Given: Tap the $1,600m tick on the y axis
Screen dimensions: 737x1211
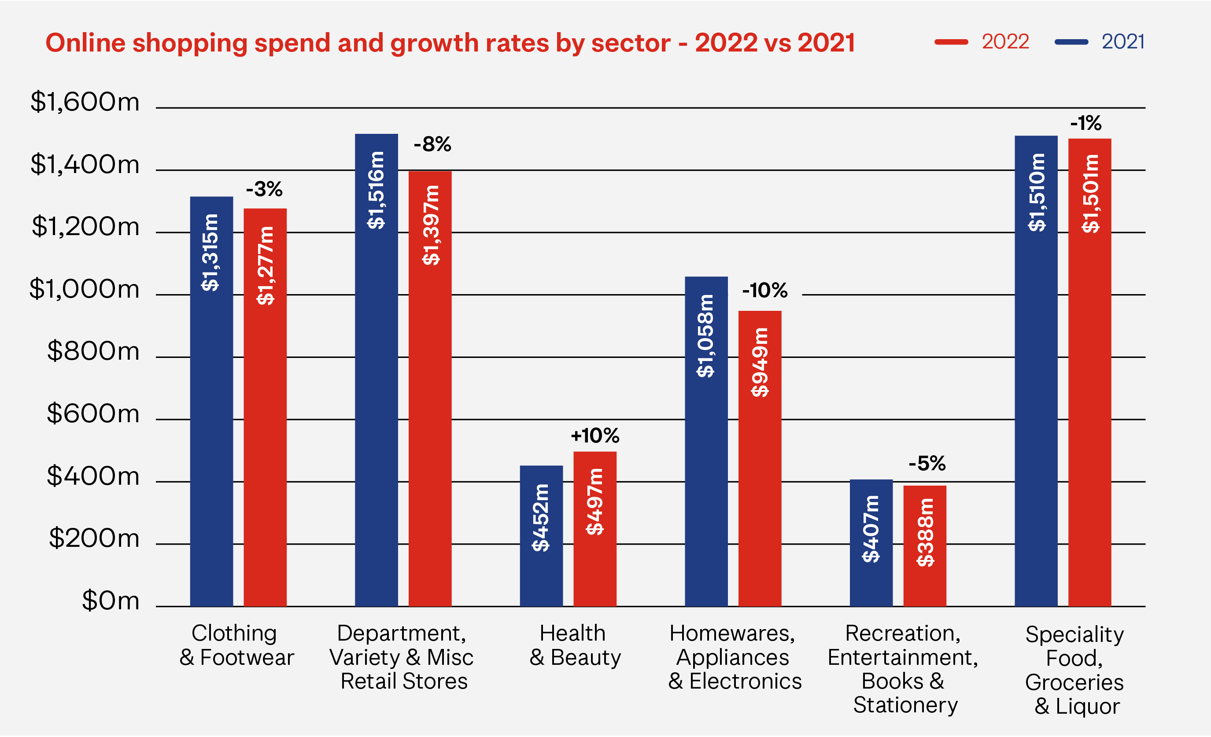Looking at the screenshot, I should point(85,102).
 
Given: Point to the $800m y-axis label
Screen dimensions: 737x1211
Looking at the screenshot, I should point(93,352).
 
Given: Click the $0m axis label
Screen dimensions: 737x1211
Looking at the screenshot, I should point(111,601).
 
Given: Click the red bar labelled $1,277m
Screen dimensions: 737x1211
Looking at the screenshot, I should point(265,407).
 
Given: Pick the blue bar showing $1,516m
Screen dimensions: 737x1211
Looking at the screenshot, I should point(377,370).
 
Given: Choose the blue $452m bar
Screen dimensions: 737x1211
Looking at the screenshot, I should point(541,535).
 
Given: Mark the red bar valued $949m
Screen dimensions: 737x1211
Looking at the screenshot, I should point(760,458).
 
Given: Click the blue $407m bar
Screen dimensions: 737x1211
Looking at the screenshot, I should point(871,543).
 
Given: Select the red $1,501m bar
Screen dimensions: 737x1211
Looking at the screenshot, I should point(1089,372).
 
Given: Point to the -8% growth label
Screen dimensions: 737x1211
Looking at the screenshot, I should point(432,144).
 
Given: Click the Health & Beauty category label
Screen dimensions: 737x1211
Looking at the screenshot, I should point(575,645).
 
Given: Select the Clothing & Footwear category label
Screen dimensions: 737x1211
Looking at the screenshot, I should point(236,645).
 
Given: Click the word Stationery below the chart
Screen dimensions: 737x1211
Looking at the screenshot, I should point(905,705).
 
